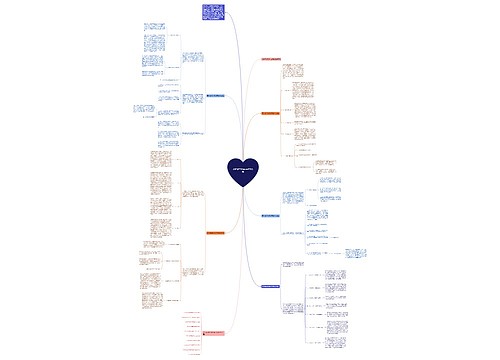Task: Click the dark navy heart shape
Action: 242,171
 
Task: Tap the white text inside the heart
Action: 242,169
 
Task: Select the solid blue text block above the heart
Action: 212,12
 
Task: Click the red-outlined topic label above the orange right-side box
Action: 279,59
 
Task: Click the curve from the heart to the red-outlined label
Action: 252,100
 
